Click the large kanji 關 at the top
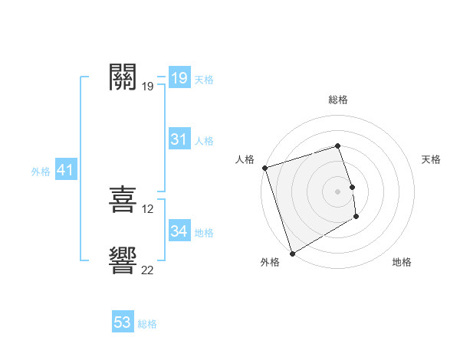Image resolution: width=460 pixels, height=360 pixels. [123, 77]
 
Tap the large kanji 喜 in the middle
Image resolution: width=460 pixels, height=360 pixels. [123, 200]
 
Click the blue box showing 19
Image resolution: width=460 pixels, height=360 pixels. [179, 77]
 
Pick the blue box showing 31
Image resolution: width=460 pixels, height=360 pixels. [179, 139]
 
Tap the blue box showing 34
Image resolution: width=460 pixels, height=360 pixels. [179, 231]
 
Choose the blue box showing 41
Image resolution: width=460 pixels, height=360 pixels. [65, 170]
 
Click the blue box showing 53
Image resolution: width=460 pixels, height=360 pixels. [123, 322]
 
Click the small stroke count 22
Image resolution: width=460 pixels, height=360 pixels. [148, 270]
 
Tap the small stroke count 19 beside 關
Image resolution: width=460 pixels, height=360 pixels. [147, 87]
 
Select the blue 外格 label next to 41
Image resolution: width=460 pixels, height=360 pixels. [41, 172]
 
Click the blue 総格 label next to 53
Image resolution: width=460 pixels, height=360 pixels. [147, 324]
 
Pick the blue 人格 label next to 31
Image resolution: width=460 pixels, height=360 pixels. [204, 141]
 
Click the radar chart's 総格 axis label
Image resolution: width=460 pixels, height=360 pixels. [338, 100]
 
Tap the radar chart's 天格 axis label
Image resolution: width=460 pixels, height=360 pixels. [431, 159]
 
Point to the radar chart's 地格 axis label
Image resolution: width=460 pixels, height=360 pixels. [402, 262]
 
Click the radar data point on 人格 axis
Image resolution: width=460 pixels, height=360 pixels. [264, 168]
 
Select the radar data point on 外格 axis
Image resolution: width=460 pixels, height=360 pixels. [292, 254]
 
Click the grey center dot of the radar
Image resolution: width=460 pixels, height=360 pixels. [338, 191]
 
